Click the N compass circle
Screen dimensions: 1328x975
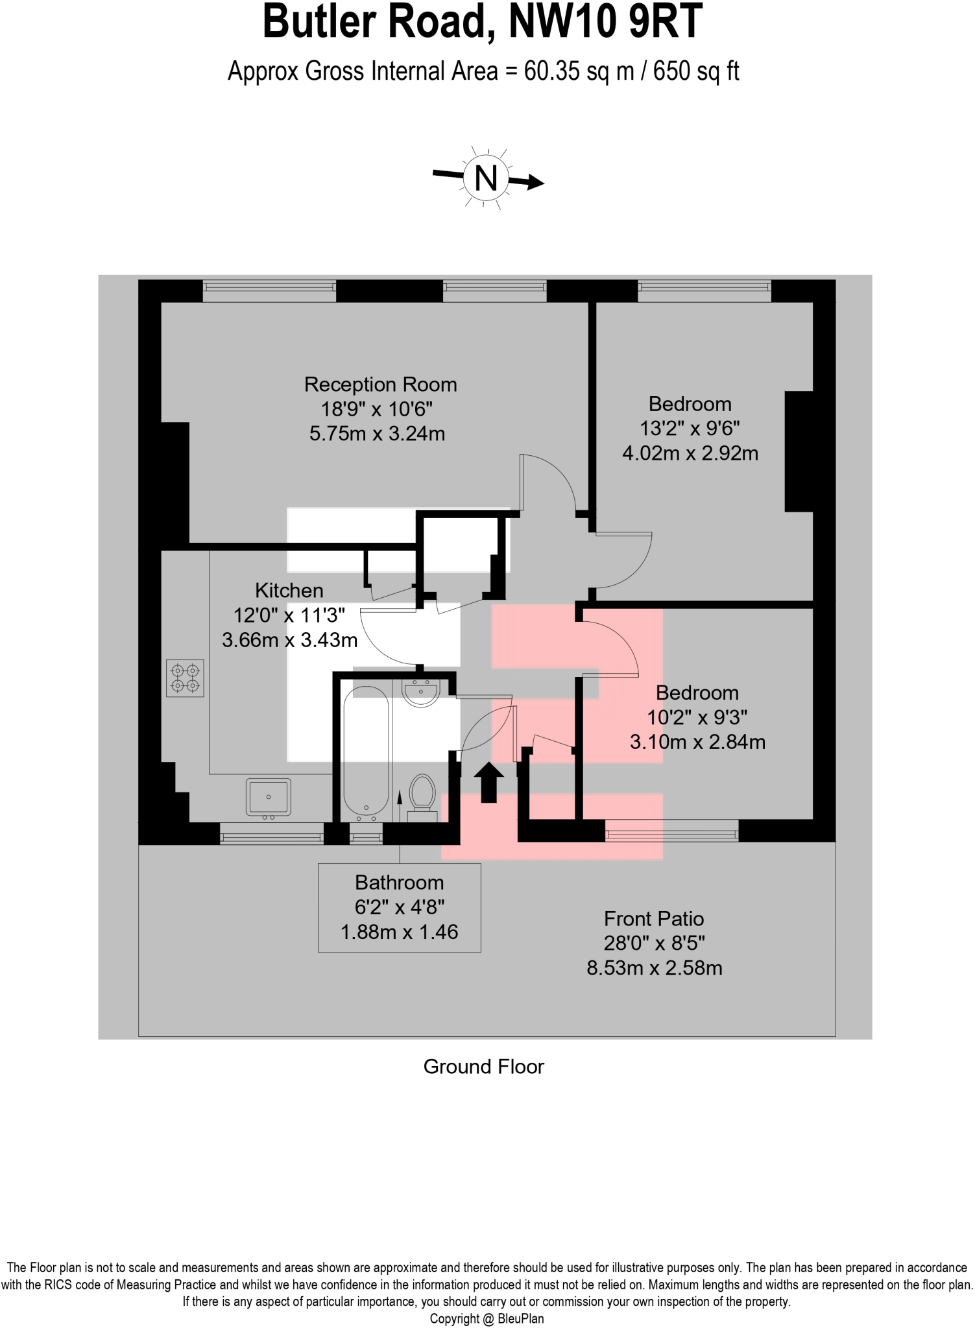(487, 177)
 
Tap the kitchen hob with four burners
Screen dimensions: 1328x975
(186, 678)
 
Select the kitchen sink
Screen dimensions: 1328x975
(269, 797)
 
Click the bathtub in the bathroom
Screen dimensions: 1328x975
(366, 755)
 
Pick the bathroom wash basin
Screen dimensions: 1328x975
(422, 693)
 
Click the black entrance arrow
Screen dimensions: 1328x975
(488, 782)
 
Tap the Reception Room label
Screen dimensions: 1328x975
(381, 385)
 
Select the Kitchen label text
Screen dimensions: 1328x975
(289, 591)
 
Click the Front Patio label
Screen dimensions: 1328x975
(654, 919)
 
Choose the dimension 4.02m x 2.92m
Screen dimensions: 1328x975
(690, 453)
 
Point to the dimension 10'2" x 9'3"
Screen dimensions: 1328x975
(697, 717)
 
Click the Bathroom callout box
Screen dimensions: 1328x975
(399, 907)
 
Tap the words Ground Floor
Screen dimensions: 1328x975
(483, 1067)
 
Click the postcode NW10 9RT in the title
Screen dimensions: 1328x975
(605, 22)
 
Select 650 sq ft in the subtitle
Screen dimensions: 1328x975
(696, 71)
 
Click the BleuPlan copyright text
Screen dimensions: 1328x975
(487, 1319)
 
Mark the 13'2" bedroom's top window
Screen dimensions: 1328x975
(704, 290)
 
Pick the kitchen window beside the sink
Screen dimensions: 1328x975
(271, 833)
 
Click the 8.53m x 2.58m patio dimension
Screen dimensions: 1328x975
(654, 968)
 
